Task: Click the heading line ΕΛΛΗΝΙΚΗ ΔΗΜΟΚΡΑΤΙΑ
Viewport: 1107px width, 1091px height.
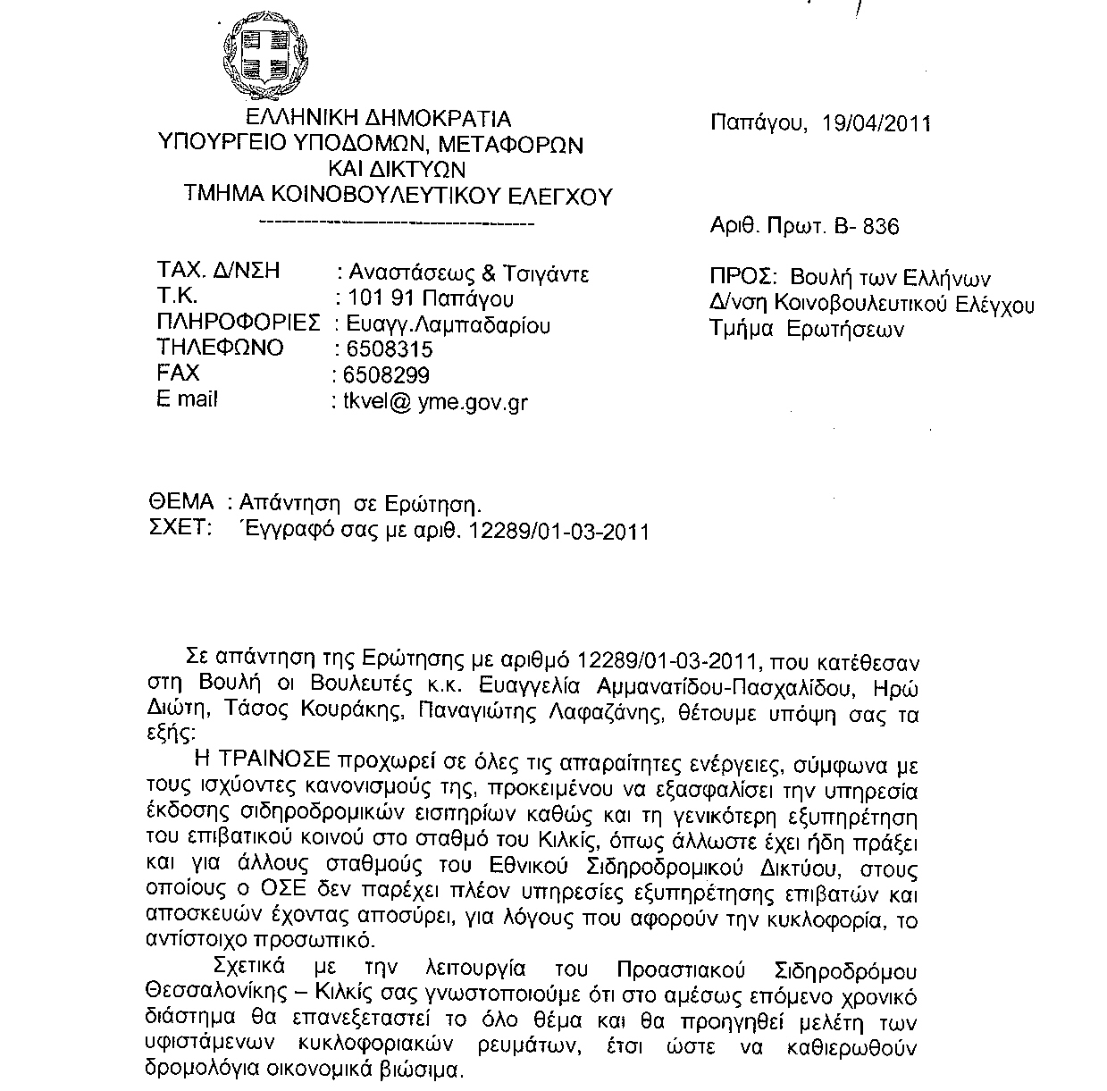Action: pyautogui.click(x=379, y=118)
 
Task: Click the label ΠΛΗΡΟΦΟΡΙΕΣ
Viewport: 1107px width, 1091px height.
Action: pyautogui.click(x=238, y=323)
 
